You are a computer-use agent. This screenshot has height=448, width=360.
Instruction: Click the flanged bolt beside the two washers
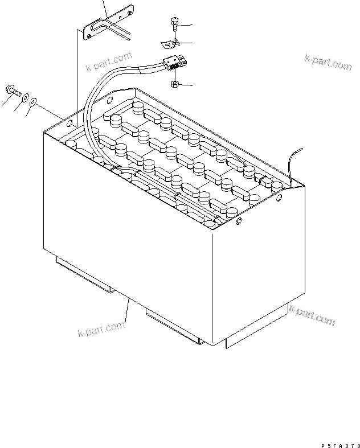pyautogui.click(x=13, y=91)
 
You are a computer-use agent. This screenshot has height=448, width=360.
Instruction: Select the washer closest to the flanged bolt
pyautogui.click(x=26, y=97)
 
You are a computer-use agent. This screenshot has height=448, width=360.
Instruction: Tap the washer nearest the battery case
pyautogui.click(x=33, y=101)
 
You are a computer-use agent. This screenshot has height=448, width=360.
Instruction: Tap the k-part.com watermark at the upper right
pyautogui.click(x=328, y=63)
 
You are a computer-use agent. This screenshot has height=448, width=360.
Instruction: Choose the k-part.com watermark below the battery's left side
pyautogui.click(x=101, y=328)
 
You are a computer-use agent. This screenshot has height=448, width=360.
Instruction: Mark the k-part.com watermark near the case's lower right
pyautogui.click(x=312, y=315)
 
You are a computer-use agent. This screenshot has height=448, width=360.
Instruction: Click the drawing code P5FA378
pyautogui.click(x=341, y=445)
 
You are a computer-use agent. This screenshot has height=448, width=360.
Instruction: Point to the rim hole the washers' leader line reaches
pyautogui.click(x=69, y=124)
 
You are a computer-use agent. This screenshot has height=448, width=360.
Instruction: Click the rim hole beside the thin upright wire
pyautogui.click(x=279, y=197)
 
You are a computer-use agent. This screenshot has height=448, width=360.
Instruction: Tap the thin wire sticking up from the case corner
pyautogui.click(x=294, y=167)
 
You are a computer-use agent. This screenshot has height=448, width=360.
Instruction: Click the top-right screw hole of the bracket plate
pyautogui.click(x=129, y=13)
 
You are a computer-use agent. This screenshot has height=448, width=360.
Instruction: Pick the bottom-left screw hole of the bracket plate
pyautogui.click(x=89, y=36)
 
